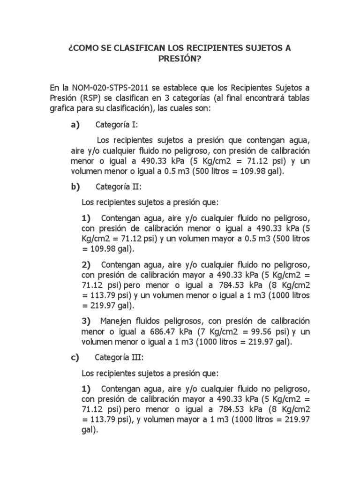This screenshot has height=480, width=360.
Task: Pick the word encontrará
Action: pos(267,98)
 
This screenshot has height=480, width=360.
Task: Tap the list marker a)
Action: pos(75,125)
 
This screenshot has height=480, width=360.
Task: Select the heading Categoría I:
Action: pos(117,125)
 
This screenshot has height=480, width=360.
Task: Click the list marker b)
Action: pos(75,187)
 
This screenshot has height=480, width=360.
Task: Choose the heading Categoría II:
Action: pos(118,187)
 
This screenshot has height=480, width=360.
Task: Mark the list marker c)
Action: pos(75,358)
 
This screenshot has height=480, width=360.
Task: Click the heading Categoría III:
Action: pos(119,358)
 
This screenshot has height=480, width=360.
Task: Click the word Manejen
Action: pos(115,321)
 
